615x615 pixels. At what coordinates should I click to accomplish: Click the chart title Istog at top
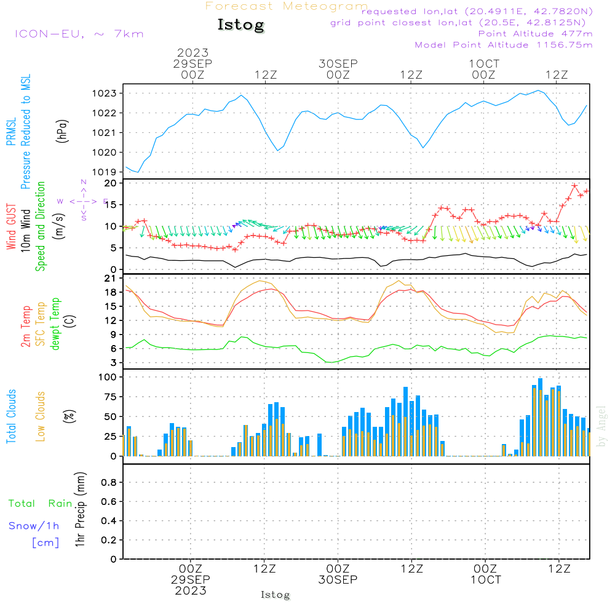[240, 25]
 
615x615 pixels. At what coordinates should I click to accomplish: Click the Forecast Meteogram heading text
[287, 7]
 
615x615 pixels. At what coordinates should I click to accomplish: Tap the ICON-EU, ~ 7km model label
[79, 34]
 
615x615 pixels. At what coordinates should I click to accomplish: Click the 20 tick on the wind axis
[111, 183]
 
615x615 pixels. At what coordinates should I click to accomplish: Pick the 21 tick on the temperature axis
[111, 278]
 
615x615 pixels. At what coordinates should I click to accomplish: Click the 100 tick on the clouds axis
[108, 376]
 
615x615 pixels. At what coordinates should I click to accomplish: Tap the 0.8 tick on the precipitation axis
[108, 483]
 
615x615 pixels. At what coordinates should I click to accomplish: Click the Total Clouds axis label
[12, 416]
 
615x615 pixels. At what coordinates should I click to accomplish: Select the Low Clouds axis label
[41, 416]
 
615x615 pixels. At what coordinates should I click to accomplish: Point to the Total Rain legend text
[40, 504]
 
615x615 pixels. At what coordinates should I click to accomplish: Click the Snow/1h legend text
[34, 526]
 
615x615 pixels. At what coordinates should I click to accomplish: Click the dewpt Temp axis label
[55, 324]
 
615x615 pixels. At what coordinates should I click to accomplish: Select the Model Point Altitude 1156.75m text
[504, 45]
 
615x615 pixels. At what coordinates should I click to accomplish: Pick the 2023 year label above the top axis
[193, 53]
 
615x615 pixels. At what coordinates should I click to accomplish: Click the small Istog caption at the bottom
[275, 595]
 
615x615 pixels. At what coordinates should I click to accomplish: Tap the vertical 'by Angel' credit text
[601, 426]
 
